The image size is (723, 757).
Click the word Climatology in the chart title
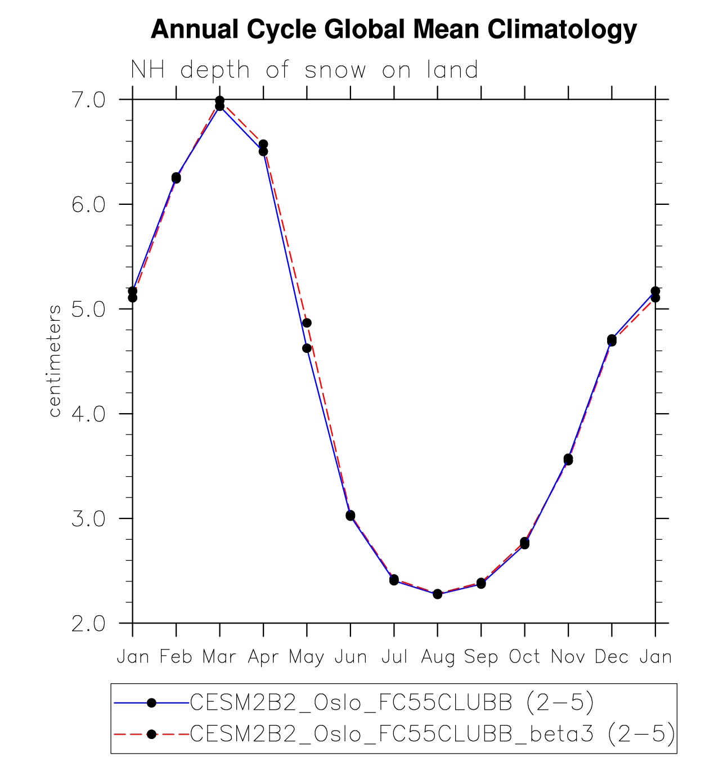(562, 29)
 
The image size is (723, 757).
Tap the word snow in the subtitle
(335, 70)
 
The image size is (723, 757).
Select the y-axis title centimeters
(55, 361)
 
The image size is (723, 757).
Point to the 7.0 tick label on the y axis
(88, 100)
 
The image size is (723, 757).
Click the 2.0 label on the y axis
(88, 624)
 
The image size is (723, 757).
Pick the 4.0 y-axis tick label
(88, 414)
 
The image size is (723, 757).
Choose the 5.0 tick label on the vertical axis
(88, 309)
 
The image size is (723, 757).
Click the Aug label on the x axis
(438, 657)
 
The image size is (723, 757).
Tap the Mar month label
(219, 656)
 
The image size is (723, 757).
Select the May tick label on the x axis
(307, 657)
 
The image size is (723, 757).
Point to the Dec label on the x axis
(612, 656)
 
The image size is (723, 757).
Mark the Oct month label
(524, 656)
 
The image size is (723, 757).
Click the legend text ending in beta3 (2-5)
(432, 734)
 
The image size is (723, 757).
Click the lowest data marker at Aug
(438, 594)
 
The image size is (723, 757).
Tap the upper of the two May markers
(307, 322)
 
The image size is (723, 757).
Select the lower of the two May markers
(307, 348)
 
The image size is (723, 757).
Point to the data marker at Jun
(351, 515)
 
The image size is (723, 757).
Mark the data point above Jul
(394, 580)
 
